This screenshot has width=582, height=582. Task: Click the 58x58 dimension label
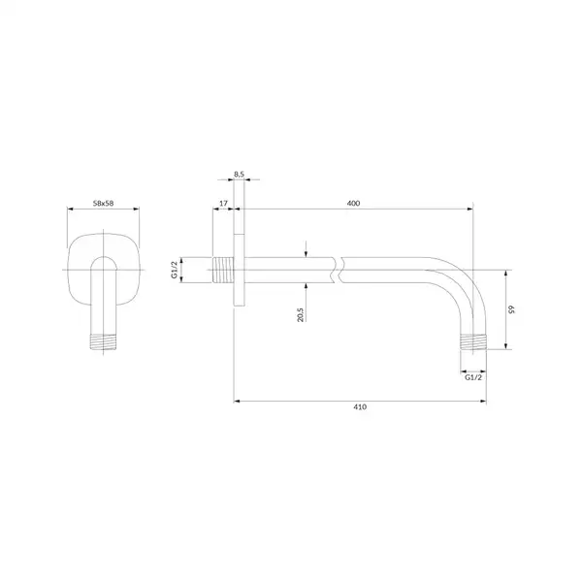click(x=103, y=203)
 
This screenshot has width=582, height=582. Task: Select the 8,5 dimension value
click(x=239, y=174)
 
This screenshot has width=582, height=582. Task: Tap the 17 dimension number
click(x=223, y=204)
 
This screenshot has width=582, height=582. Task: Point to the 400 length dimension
click(x=353, y=203)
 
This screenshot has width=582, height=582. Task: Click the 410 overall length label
click(x=360, y=406)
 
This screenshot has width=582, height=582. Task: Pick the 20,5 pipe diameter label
click(x=301, y=314)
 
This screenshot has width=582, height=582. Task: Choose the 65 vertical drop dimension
click(x=511, y=308)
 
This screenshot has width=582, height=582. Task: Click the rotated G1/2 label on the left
click(x=174, y=270)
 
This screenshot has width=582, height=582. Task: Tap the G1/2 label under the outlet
click(x=473, y=377)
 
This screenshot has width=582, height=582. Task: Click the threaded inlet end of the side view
click(x=223, y=270)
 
